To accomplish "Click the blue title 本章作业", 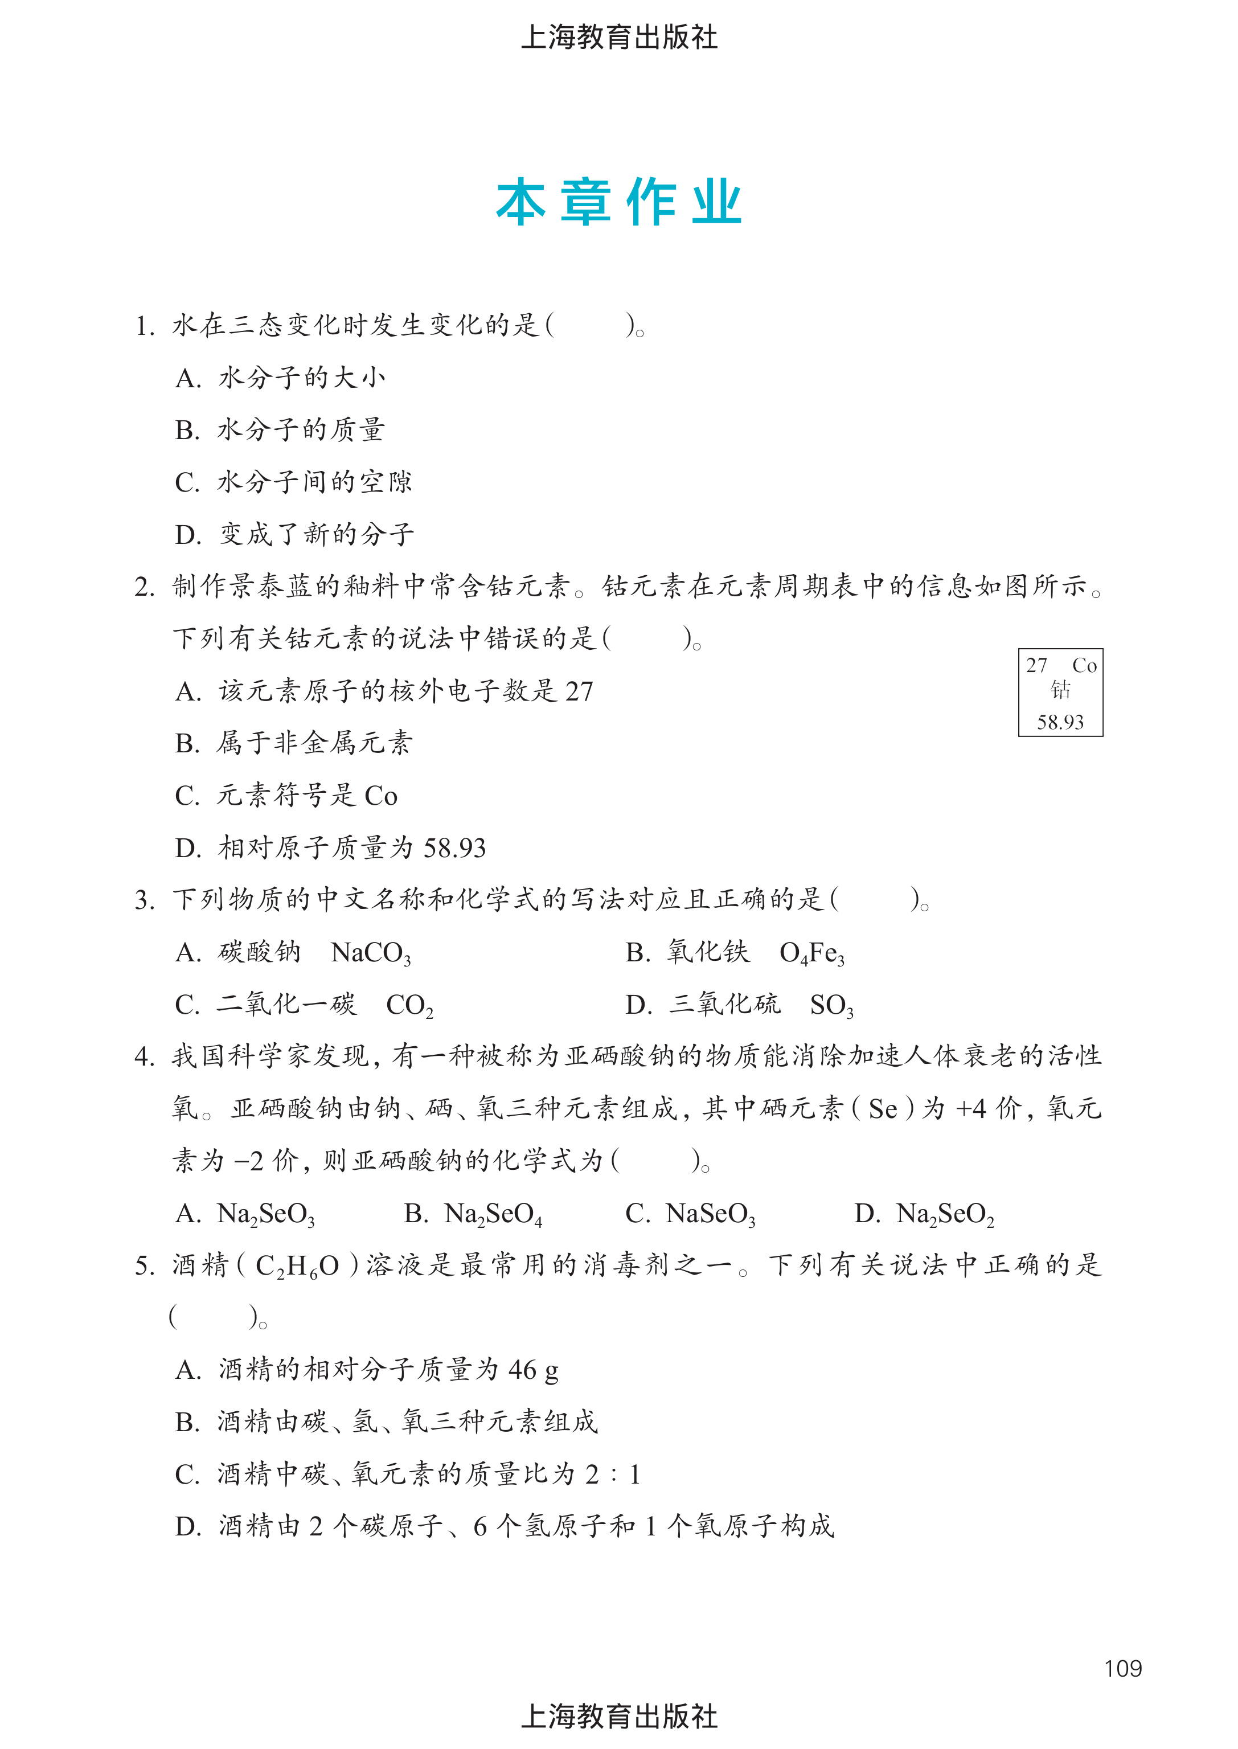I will (618, 203).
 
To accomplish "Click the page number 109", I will (1122, 1668).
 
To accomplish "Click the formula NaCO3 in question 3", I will (371, 953).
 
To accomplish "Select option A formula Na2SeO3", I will (265, 1214).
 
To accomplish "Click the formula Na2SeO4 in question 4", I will (493, 1214).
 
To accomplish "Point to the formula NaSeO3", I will (711, 1214).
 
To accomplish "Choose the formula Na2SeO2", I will (945, 1214).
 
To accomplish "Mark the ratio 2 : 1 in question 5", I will (612, 1474).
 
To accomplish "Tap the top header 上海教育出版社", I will (618, 36).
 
